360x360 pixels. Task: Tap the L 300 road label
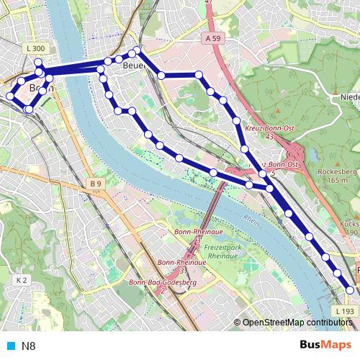coord(35,48)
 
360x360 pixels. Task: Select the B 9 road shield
coord(96,184)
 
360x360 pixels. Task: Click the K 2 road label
coord(21,279)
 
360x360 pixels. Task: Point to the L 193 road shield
coord(345,310)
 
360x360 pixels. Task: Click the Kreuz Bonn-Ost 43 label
coord(271,131)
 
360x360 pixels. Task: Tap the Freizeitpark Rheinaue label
coord(222,251)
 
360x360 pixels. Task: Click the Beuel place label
coord(134,66)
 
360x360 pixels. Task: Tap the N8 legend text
coord(29,346)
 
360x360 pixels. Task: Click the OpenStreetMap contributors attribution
coord(297,323)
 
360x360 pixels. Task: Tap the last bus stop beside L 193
coord(351,289)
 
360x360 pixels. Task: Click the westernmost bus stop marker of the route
coord(10,96)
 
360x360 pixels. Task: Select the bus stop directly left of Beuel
coord(119,59)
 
